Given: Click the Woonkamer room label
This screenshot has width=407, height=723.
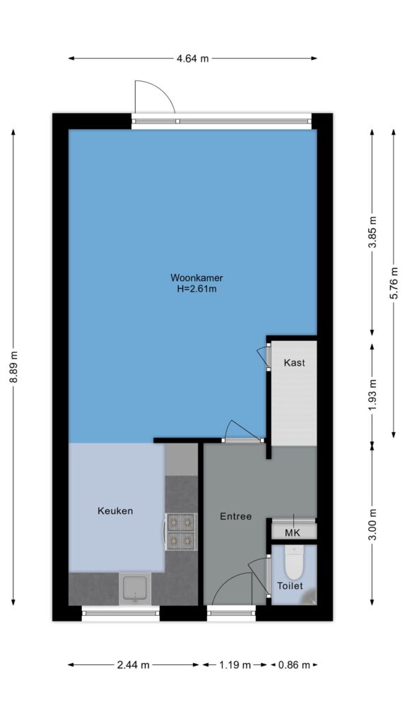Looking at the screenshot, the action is [197, 278].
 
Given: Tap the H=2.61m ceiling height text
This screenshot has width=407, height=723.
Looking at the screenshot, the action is [197, 289].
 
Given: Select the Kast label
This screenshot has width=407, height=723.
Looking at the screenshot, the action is [294, 363].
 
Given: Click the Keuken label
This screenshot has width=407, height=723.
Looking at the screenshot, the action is [115, 511].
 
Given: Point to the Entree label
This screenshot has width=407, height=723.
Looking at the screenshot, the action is [236, 516].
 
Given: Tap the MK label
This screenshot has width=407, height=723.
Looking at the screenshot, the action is [293, 533].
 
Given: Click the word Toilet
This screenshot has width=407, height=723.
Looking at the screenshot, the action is [290, 586].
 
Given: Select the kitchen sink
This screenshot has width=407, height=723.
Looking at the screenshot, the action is [135, 589].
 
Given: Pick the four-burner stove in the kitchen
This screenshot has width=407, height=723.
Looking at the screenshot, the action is [181, 532].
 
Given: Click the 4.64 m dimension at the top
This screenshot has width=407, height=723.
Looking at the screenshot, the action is [193, 59].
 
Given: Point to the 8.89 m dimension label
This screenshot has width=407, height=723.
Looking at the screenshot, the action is [14, 367].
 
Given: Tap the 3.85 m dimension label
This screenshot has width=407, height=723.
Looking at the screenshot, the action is [372, 232].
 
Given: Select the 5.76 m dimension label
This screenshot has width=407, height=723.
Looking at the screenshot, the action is [394, 283].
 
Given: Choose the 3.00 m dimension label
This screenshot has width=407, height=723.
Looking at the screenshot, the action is [372, 524].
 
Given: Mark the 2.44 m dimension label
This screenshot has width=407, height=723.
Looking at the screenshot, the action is [134, 665].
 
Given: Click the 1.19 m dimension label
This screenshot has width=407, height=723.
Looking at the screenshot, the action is [235, 665].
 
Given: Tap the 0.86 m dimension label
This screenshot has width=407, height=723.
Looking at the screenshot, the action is [294, 665].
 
